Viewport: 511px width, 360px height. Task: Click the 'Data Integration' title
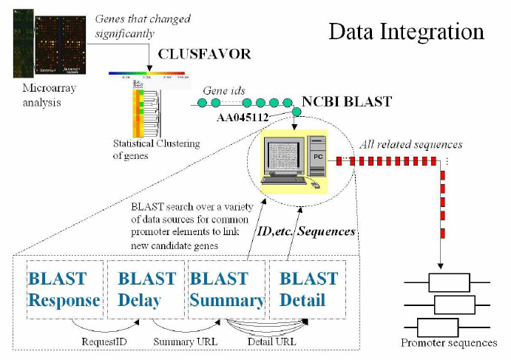pos(406,32)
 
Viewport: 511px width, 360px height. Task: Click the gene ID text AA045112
pos(245,117)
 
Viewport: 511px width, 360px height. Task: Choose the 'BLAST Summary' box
pos(227,289)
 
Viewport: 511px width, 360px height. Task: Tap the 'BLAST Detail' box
pos(308,289)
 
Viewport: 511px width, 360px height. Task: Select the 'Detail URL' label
pos(271,342)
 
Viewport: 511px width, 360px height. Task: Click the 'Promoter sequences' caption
pos(448,343)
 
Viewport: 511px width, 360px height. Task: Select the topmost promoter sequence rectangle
pos(450,282)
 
